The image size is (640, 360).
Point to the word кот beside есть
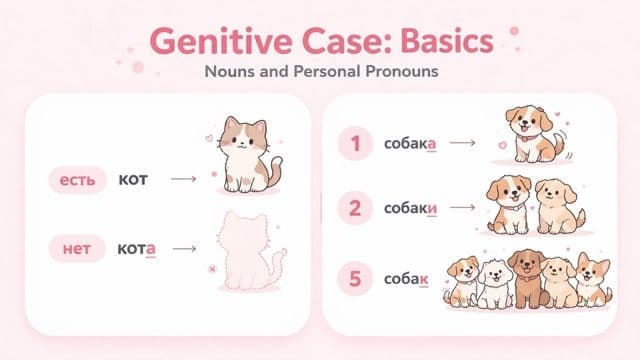133,180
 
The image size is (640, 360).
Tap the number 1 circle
354,143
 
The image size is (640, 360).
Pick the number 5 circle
354,279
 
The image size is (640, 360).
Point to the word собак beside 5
407,279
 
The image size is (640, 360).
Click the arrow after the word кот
183,180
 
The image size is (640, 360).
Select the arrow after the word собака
462,143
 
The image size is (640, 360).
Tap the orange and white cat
245,155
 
